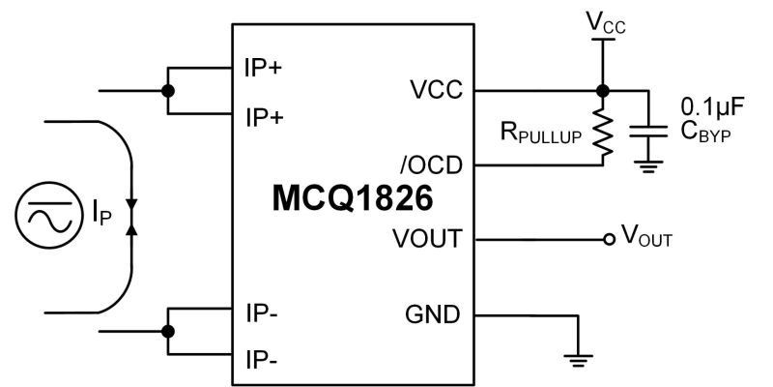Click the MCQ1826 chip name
coord(353,198)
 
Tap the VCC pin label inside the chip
coord(437,90)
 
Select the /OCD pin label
coord(431,165)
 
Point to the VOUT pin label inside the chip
coord(427,239)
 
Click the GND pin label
coord(432,314)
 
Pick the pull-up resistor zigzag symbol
coord(602,131)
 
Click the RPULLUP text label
coord(541,133)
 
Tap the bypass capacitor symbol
coord(648,132)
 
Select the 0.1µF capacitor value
coord(712,106)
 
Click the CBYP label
coord(705,132)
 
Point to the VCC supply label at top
coord(606,22)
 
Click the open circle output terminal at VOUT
coord(610,239)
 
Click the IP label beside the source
coord(101,215)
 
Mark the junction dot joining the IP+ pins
coord(168,91)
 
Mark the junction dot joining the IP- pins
coord(168,331)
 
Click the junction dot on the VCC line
coord(602,91)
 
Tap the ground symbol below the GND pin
coord(578,360)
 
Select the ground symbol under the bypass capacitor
coord(648,166)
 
